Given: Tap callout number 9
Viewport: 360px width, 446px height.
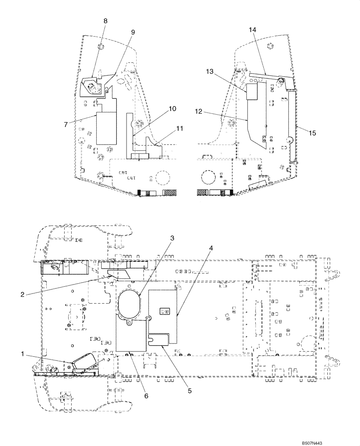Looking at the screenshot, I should (132, 32).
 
